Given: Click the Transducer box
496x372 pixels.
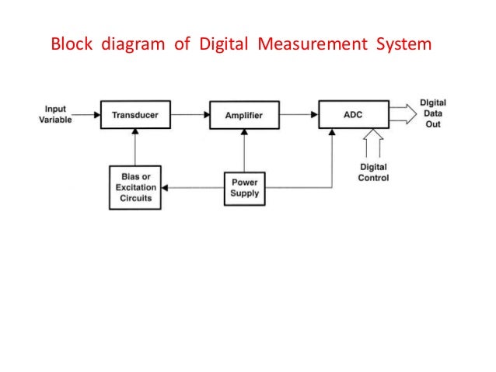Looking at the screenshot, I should coord(135,116).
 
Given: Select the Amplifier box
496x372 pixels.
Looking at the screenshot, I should coord(244,116).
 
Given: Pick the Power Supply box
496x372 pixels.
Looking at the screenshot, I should coord(244,187).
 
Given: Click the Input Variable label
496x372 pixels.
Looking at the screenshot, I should coord(55,115).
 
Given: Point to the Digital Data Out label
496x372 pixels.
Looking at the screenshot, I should coord(432,115).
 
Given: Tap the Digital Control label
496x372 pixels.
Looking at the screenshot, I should coord(373,172).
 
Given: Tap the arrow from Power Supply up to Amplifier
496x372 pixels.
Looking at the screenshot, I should coord(244,151).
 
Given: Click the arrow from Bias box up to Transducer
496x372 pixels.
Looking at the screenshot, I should coord(135,149).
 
